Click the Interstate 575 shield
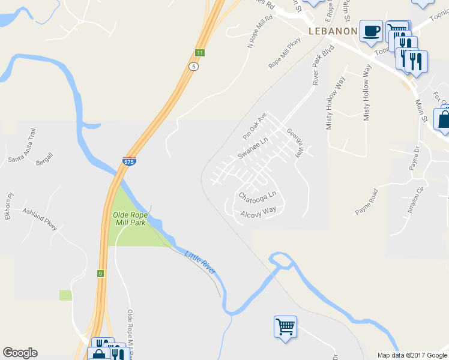[129, 161]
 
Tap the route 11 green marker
[199, 53]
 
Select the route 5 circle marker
[193, 67]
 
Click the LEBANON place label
[333, 31]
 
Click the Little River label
[200, 262]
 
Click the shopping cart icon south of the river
[285, 327]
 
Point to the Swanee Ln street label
[252, 146]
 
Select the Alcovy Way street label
[258, 212]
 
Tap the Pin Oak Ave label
[255, 125]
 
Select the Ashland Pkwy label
[40, 219]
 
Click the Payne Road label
[367, 202]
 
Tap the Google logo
[20, 353]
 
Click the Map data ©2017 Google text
[412, 355]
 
